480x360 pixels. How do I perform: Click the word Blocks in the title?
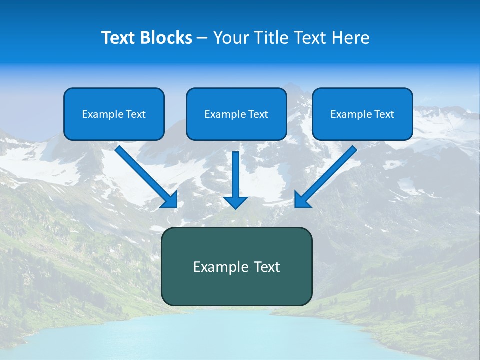tap(167, 38)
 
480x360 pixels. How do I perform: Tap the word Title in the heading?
tap(274, 38)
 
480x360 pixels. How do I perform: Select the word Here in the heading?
tap(352, 38)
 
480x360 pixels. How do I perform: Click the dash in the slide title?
tap(203, 38)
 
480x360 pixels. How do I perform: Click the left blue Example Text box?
tap(114, 114)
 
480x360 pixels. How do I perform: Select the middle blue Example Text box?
tap(236, 114)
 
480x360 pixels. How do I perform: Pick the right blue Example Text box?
tap(362, 114)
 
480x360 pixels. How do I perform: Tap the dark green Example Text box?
tap(236, 266)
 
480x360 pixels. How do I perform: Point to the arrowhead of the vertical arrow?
tap(236, 202)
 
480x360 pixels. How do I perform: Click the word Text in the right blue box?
tap(384, 114)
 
